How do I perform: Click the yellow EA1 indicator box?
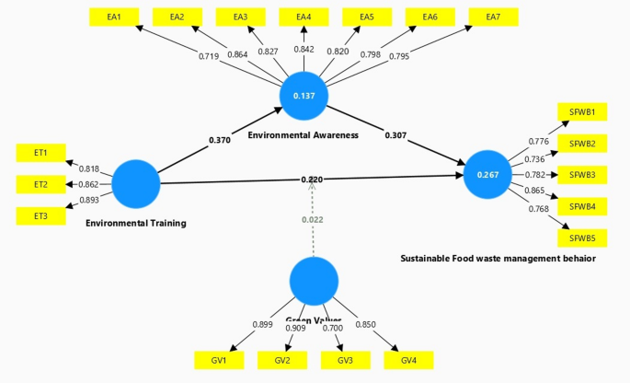[x=113, y=17]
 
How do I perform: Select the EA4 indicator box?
[x=304, y=17]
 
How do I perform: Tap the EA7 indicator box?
[x=492, y=17]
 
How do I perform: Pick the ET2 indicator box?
[x=40, y=184]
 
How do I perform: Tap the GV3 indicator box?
[x=344, y=360]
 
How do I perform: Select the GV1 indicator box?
[x=218, y=360]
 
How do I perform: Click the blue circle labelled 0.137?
[x=304, y=96]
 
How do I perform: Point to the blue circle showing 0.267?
[x=487, y=175]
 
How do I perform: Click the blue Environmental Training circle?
[x=135, y=183]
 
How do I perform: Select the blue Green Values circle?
[x=314, y=282]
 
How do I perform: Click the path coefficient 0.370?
[x=219, y=141]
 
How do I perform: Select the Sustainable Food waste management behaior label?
[x=498, y=259]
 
